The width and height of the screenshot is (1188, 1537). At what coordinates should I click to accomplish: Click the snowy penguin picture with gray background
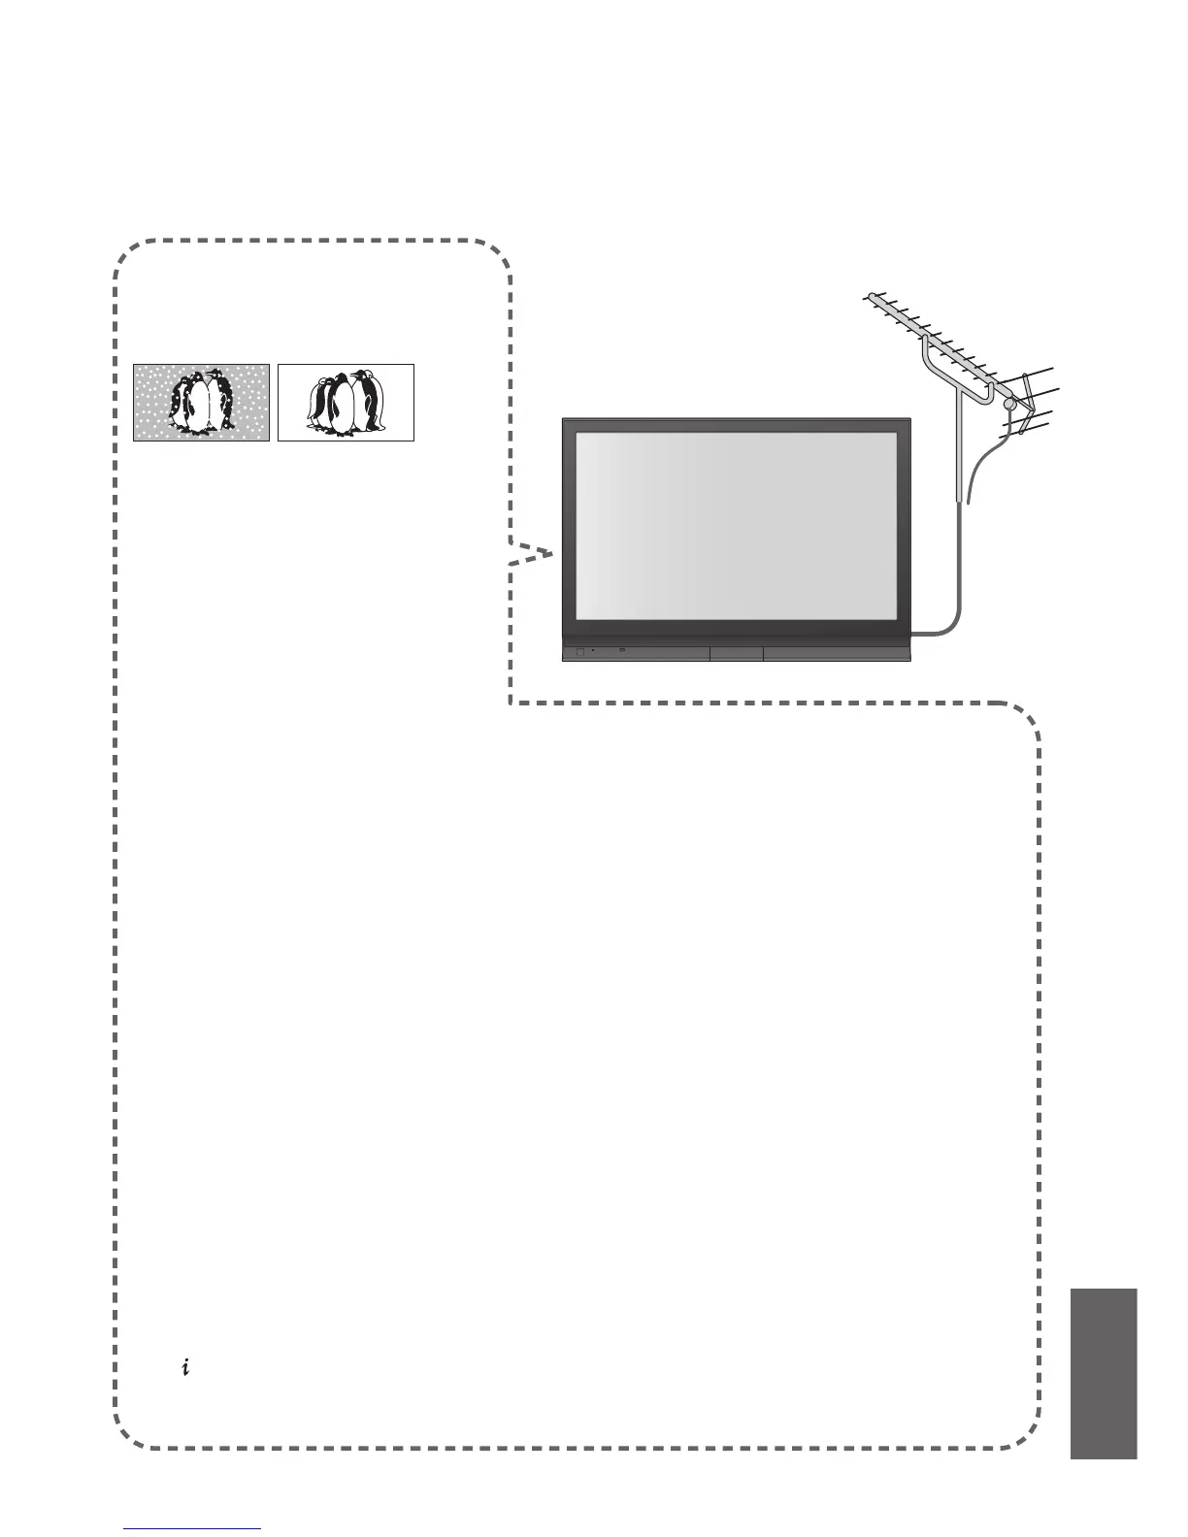point(201,403)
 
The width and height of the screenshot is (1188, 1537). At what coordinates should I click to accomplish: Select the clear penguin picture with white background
point(346,403)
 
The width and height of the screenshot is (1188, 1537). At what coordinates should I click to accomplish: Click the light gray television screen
point(735,524)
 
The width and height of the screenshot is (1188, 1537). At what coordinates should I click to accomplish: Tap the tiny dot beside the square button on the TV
point(593,652)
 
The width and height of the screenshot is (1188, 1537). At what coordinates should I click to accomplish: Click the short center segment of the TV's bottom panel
point(736,653)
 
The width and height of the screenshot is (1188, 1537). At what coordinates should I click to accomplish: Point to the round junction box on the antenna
point(1009,405)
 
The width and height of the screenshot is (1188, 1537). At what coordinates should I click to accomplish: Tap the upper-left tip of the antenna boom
point(867,296)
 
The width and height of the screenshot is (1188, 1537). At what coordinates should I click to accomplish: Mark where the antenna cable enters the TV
point(913,635)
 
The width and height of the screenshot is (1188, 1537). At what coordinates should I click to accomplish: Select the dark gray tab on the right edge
point(1104,1373)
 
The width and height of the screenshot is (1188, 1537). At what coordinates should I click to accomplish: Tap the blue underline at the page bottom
point(193,1528)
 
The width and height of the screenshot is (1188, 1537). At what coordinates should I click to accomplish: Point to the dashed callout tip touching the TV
point(551,553)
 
